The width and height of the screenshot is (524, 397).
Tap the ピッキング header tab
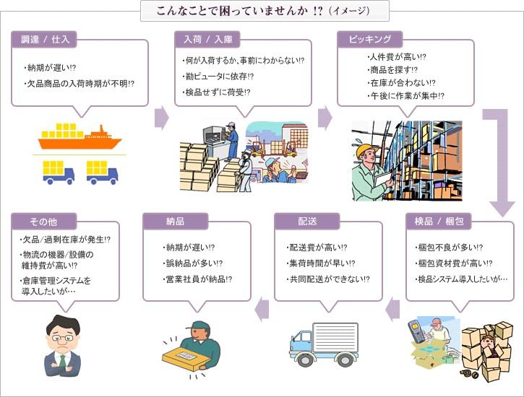[x=370, y=39]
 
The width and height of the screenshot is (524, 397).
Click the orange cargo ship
[x=80, y=136]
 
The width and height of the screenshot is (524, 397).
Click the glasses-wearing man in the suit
[x=64, y=346]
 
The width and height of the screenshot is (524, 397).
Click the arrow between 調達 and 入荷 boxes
[x=162, y=118]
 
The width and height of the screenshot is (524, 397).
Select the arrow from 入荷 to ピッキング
[x=325, y=118]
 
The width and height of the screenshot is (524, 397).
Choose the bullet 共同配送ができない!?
[x=329, y=279]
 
